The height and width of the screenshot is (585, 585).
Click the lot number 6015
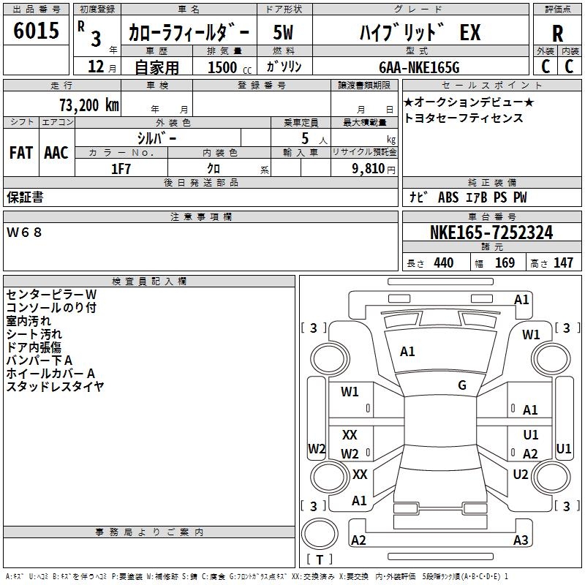37,31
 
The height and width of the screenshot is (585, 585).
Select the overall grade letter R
557,34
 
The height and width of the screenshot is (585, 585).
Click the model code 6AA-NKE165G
419,67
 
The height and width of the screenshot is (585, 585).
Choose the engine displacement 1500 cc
223,67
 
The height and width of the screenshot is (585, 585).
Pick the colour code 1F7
121,168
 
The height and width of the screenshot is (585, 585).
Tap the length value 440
443,263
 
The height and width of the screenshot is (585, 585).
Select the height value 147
563,263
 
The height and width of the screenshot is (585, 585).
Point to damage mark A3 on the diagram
521,540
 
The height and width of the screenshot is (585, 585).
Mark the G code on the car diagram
462,385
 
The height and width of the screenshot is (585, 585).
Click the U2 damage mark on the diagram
521,475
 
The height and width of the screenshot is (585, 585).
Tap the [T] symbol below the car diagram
320,560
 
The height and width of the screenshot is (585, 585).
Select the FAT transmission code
20,153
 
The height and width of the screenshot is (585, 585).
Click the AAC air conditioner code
56,153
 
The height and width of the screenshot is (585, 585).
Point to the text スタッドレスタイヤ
55,386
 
